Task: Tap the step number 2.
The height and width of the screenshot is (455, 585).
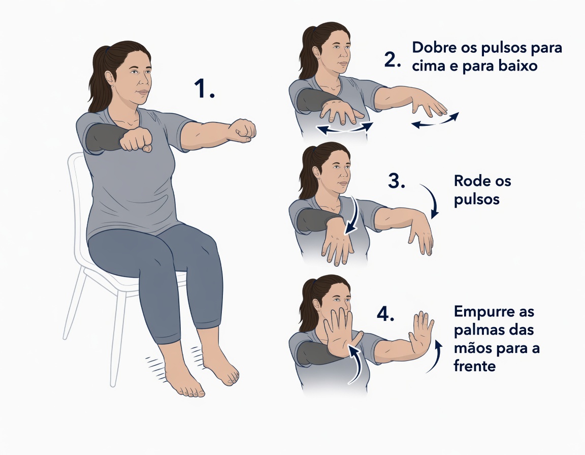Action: click(393, 59)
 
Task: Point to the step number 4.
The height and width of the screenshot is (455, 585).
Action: click(386, 314)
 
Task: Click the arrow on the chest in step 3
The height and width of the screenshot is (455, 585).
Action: click(351, 216)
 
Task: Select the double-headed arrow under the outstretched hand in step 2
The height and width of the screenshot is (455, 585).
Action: click(434, 121)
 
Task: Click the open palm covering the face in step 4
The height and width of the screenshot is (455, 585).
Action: click(339, 333)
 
